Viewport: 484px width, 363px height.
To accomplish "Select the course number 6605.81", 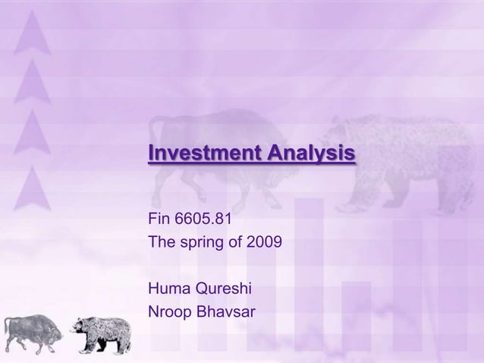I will pos(204,221).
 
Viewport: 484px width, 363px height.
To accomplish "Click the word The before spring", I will pos(161,244).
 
